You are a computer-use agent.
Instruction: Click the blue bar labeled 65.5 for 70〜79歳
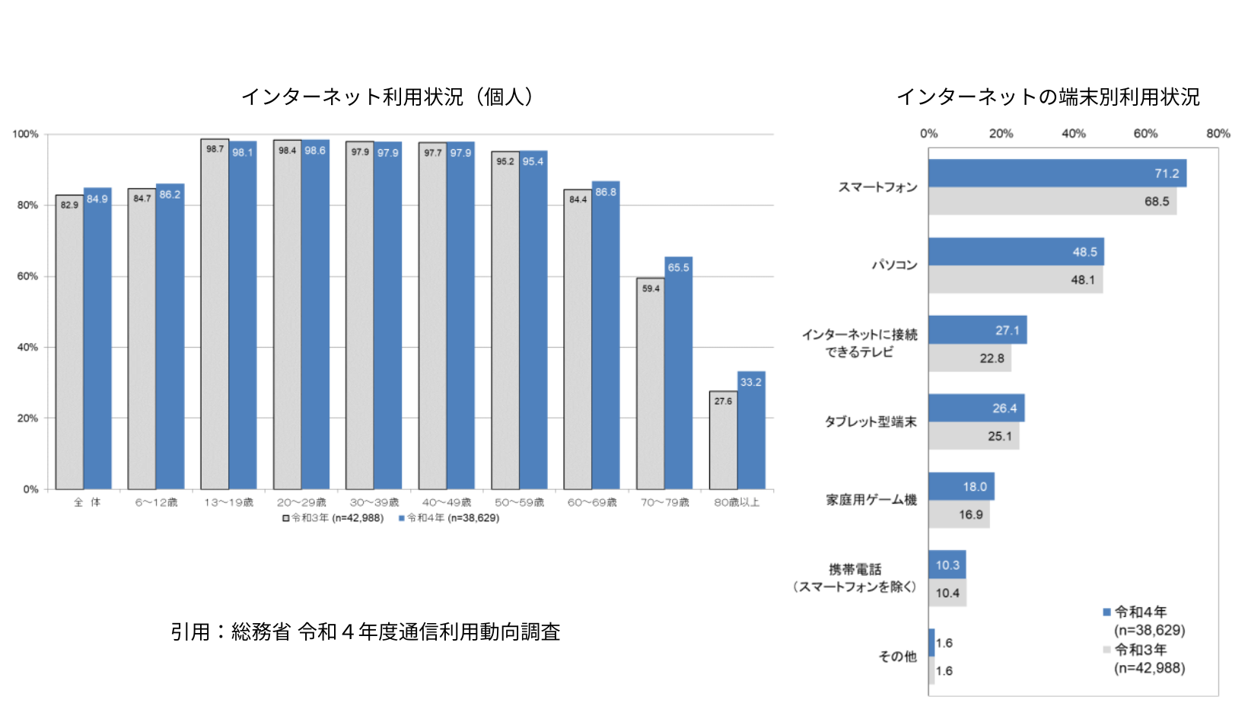click(678, 373)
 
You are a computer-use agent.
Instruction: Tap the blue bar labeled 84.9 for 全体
click(97, 339)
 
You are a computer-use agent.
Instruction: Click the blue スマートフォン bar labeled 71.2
click(1057, 173)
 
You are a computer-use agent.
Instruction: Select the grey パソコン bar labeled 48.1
click(1015, 280)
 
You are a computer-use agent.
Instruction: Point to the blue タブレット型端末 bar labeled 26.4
click(976, 408)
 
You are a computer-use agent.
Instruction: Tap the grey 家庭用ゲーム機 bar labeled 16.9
click(959, 515)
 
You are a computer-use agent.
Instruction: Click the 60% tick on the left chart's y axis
click(27, 276)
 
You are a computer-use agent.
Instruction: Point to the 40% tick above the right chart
click(1073, 134)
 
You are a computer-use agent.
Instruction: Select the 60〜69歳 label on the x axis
click(592, 503)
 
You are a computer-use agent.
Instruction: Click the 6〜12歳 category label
click(156, 503)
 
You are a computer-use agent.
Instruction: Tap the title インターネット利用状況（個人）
click(390, 97)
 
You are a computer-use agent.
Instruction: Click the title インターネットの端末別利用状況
click(1048, 97)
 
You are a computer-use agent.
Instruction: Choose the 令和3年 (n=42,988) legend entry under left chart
click(333, 518)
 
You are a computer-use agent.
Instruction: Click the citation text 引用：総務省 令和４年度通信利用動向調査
click(365, 632)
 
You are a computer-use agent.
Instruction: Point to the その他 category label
click(898, 657)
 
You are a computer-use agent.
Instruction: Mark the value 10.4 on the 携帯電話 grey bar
click(947, 593)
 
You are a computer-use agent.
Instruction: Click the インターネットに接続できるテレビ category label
click(860, 343)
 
